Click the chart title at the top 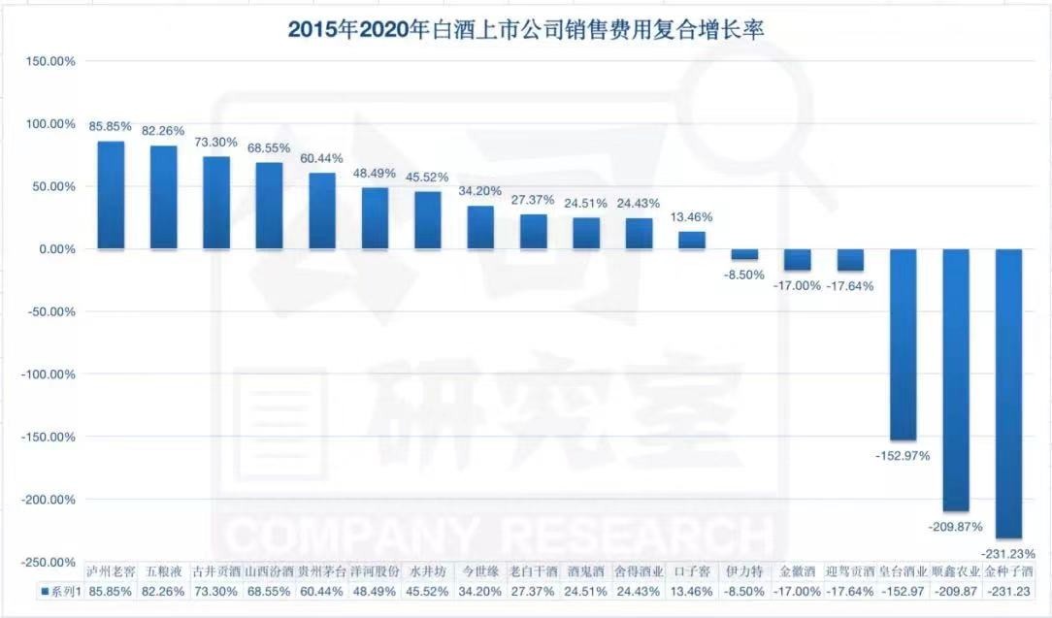pyautogui.click(x=526, y=29)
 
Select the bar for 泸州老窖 pyautogui.click(x=111, y=195)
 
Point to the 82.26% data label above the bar pyautogui.click(x=163, y=131)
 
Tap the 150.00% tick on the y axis pyautogui.click(x=49, y=61)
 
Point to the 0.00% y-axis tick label pyautogui.click(x=54, y=249)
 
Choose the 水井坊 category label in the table pyautogui.click(x=428, y=571)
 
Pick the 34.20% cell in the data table pyautogui.click(x=480, y=590)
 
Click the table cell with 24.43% pyautogui.click(x=639, y=590)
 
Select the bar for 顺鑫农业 pyautogui.click(x=956, y=379)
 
